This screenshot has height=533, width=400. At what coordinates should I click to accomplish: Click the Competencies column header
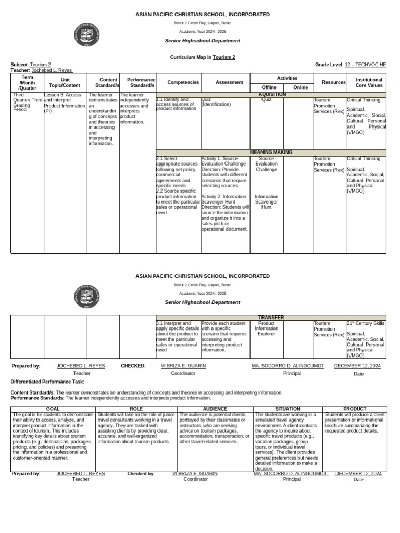(x=183, y=82)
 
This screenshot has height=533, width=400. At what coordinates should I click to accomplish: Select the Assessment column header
(x=229, y=82)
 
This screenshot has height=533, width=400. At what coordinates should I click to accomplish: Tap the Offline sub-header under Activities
(x=269, y=87)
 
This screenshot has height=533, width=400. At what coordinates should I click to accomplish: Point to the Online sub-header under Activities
(x=301, y=87)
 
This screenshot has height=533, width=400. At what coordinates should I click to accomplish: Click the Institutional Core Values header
(x=369, y=82)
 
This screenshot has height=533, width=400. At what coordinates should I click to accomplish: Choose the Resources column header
(x=334, y=82)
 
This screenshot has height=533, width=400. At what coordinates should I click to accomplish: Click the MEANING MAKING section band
(x=271, y=152)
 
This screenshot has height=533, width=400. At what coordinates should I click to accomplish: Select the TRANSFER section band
(x=271, y=317)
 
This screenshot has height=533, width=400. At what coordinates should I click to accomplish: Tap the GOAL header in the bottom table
(x=53, y=409)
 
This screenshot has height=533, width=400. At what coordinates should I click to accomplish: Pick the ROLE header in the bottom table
(x=136, y=409)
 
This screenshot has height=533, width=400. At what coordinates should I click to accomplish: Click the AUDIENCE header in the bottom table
(x=215, y=409)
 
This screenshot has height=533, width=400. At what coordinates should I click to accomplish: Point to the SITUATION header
(x=287, y=409)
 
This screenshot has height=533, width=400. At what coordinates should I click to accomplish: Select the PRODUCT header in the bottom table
(x=355, y=409)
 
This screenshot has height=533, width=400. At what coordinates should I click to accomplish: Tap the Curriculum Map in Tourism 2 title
(x=203, y=57)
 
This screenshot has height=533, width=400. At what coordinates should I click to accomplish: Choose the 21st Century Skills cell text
(x=365, y=323)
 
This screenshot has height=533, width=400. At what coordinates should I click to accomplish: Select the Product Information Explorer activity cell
(x=266, y=328)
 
